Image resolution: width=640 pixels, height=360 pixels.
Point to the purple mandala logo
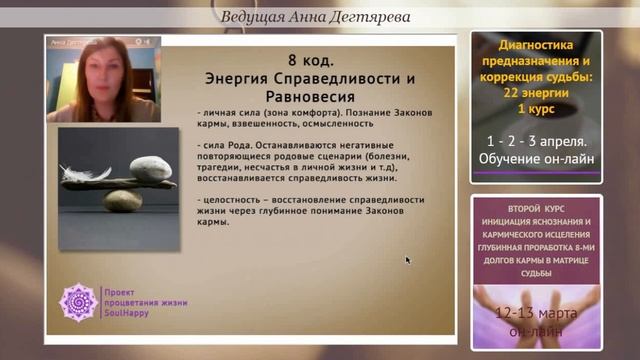78,301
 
